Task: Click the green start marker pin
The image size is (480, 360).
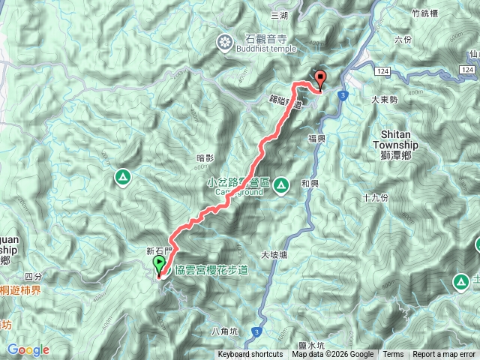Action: click(x=160, y=265)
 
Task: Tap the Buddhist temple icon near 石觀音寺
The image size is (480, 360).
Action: click(x=223, y=43)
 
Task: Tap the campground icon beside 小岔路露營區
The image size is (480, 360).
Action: click(x=281, y=184)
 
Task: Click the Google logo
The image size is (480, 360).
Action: click(x=28, y=349)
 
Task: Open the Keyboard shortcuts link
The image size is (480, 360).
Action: click(x=250, y=355)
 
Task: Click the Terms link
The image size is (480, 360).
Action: click(x=393, y=355)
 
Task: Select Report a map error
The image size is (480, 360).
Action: click(x=444, y=355)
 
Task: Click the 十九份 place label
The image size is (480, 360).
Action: click(x=374, y=198)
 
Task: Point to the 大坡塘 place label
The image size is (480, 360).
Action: click(x=274, y=255)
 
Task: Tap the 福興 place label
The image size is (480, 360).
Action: click(x=316, y=139)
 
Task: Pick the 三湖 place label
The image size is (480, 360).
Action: click(x=279, y=15)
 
